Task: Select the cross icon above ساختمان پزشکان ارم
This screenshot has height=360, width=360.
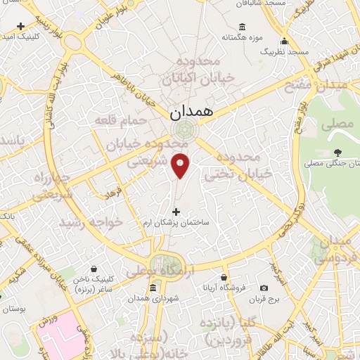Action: click(x=176, y=212)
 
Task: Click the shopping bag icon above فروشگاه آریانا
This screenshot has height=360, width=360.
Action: click(x=224, y=278)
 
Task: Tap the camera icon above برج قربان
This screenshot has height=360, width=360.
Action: click(x=264, y=288)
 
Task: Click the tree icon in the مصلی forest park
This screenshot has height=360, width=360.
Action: click(x=338, y=153)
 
